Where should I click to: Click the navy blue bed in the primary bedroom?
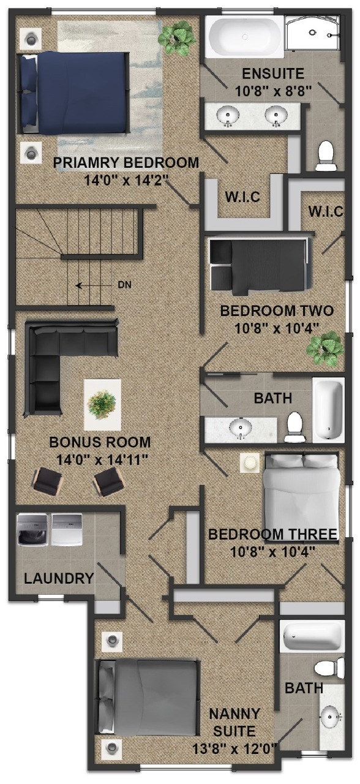pyautogui.click(x=74, y=92)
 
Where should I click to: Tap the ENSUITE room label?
pyautogui.click(x=273, y=74)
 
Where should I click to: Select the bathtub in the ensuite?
pyautogui.click(x=244, y=37)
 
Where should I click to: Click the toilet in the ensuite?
pyautogui.click(x=326, y=156)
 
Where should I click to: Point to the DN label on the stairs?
pyautogui.click(x=124, y=285)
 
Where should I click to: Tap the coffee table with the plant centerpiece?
pyautogui.click(x=102, y=405)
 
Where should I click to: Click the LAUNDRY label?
pyautogui.click(x=59, y=578)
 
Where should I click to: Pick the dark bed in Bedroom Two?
pyautogui.click(x=259, y=266)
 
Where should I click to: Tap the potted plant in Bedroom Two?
pyautogui.click(x=325, y=349)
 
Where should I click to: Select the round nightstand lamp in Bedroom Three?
pyautogui.click(x=250, y=462)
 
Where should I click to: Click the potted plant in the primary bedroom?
pyautogui.click(x=176, y=37)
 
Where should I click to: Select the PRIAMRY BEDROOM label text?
pyautogui.click(x=126, y=163)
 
